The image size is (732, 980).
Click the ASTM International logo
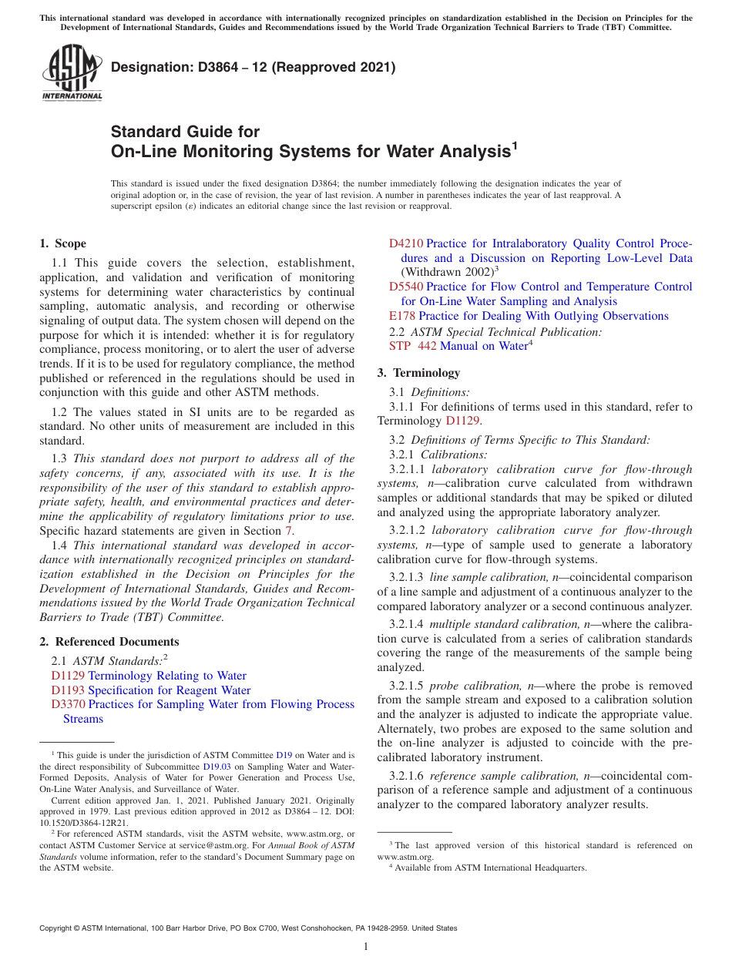[x=72, y=72]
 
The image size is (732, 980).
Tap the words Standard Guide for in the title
[x=185, y=131]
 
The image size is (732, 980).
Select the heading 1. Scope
[x=62, y=243]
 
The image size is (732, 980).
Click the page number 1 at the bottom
[x=366, y=947]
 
